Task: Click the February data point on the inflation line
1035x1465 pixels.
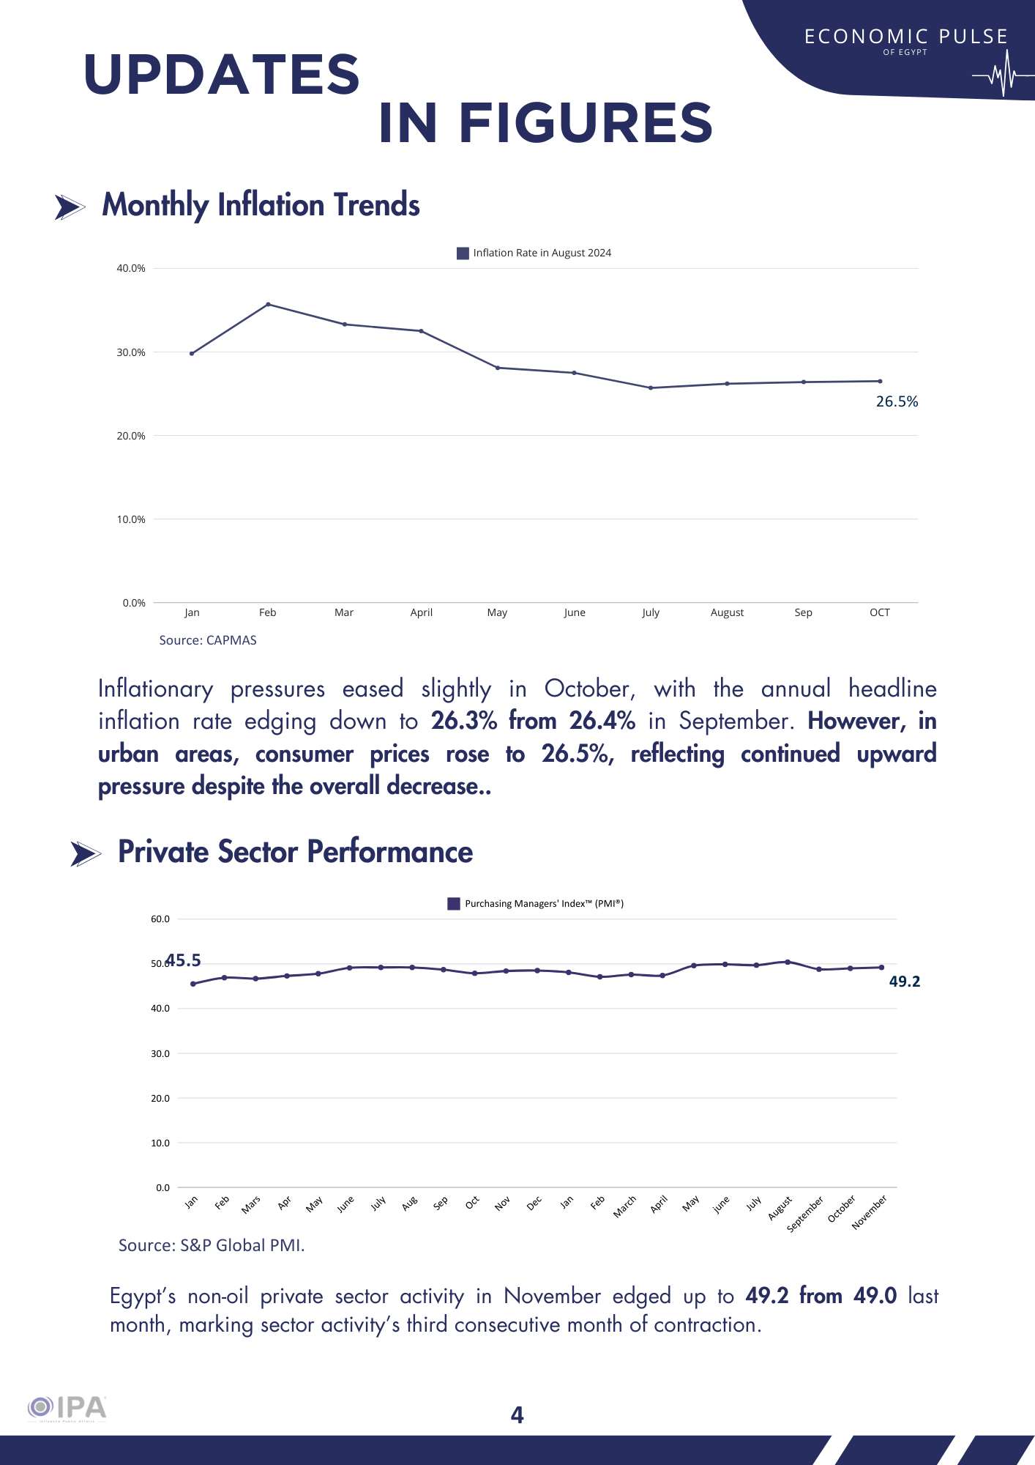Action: click(x=268, y=304)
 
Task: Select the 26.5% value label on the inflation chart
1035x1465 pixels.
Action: click(x=897, y=401)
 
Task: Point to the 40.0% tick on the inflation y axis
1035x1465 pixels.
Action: click(x=131, y=268)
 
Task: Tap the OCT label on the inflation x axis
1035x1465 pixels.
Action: click(x=879, y=612)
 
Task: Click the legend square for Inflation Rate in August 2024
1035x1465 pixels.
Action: click(x=463, y=253)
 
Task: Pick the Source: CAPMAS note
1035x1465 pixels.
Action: click(x=208, y=640)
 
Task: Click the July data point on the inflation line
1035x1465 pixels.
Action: click(x=651, y=387)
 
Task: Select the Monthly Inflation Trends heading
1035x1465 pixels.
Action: click(x=261, y=205)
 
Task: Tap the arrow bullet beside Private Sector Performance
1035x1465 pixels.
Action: click(x=86, y=854)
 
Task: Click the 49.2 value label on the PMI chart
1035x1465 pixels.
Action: click(x=904, y=982)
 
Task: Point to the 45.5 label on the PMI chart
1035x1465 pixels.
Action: click(x=183, y=960)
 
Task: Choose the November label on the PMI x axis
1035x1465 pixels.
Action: click(x=870, y=1212)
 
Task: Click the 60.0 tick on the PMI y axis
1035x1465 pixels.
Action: click(x=160, y=919)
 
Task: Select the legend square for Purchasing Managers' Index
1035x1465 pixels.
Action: click(x=454, y=904)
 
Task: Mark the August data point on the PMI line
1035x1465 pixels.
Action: click(x=788, y=962)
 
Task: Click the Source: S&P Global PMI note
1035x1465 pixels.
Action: click(x=212, y=1245)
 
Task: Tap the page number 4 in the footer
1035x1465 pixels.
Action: click(x=517, y=1415)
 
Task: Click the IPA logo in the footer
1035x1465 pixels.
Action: click(x=67, y=1408)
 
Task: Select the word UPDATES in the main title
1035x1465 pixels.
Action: click(x=222, y=75)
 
